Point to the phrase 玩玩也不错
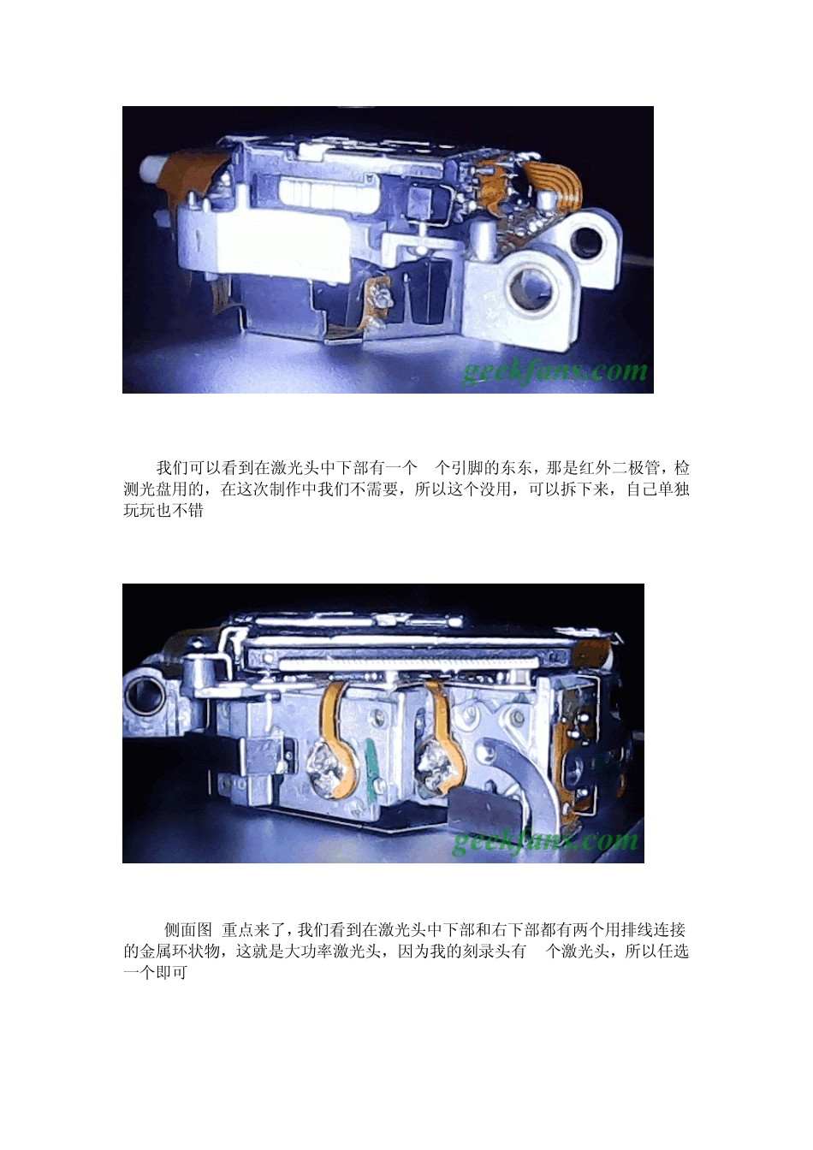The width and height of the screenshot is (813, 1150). click(163, 510)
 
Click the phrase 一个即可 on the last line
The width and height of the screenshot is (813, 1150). click(155, 971)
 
